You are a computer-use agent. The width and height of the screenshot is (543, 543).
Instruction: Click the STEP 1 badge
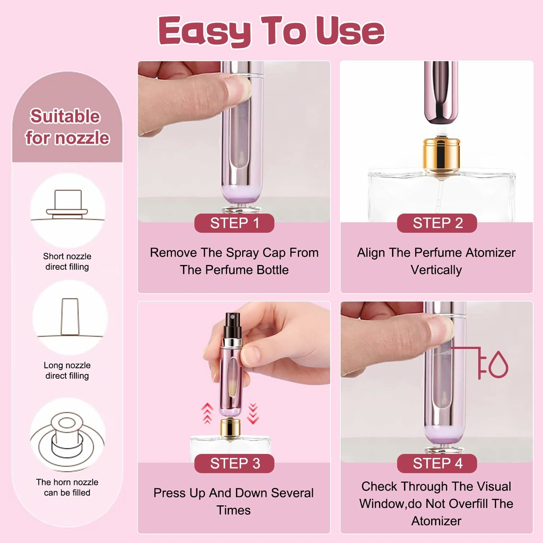coord(234,223)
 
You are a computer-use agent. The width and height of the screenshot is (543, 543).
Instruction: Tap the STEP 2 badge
coord(437,223)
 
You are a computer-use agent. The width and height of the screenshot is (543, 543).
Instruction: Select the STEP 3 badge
coord(234,463)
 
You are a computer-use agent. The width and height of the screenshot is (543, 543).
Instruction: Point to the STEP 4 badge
coord(437,463)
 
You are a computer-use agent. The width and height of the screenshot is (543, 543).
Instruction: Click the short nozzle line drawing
coord(67,205)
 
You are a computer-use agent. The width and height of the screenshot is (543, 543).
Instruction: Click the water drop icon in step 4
coord(498,365)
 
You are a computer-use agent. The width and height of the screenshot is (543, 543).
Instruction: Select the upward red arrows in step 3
coord(207,413)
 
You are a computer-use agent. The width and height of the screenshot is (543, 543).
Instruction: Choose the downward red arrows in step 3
coord(253,413)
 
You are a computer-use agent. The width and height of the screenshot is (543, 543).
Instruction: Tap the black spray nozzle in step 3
coord(232,325)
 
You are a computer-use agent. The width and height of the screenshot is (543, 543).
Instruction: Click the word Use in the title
coord(350,31)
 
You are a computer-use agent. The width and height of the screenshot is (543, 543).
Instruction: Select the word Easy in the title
coord(205,31)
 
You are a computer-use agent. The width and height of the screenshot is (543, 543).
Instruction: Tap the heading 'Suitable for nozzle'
coord(67,127)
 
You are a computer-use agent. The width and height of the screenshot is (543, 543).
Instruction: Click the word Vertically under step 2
coord(436,270)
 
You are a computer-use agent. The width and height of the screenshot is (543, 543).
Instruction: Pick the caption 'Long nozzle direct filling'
coord(67,370)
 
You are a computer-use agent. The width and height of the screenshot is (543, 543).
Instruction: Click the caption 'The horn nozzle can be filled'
coord(67,487)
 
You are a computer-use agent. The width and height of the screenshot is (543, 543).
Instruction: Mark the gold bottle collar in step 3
coord(230,428)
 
